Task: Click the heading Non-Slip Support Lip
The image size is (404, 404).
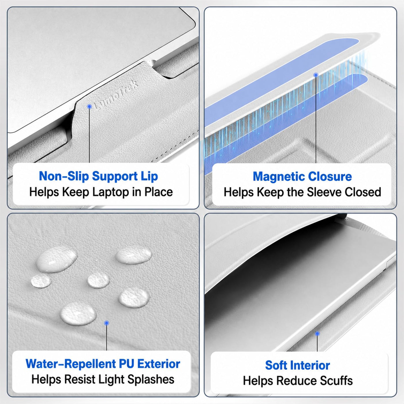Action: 98,176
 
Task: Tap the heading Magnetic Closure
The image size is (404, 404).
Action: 302,176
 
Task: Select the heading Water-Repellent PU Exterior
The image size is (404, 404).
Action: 103,364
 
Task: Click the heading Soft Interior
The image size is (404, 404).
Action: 298,365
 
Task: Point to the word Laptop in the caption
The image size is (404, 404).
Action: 111,192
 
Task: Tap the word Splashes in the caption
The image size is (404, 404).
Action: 151,379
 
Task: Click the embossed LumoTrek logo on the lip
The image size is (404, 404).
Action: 116,95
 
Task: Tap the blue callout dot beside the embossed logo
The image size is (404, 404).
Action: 89,106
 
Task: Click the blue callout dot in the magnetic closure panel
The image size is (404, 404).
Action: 316,75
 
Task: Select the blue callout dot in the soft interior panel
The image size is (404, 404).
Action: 317,333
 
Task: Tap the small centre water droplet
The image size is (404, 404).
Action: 98,280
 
